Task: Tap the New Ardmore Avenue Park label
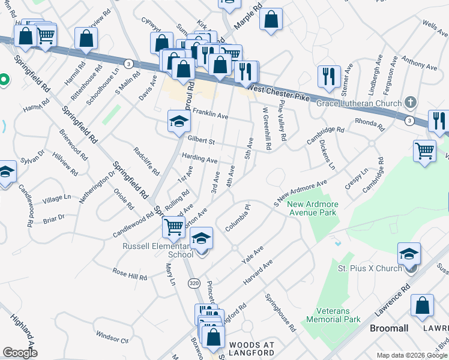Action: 313,209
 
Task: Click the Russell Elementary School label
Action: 158,250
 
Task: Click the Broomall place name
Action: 390,329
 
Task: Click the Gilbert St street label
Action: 201,140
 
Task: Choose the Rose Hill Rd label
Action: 130,275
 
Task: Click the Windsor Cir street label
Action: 112,338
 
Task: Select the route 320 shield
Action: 193,283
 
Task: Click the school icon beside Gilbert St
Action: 178,123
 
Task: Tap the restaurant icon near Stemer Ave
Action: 328,77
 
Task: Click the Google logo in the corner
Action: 20,353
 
